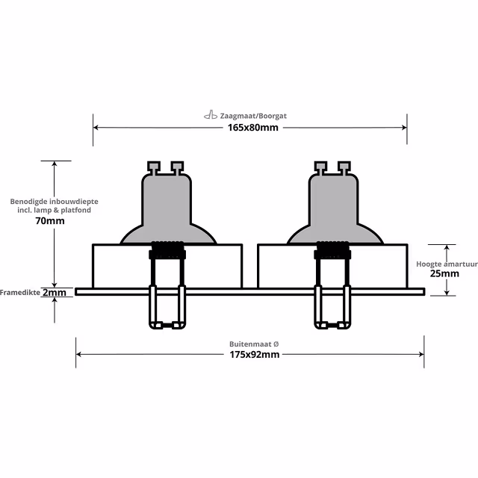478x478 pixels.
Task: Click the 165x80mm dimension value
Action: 252,128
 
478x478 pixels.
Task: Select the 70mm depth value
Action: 50,221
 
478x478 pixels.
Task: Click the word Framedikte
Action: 20,292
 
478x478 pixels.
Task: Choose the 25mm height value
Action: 445,274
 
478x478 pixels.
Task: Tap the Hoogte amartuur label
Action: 447,264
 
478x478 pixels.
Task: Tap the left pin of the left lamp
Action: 155,166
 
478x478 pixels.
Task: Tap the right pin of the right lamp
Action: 344,166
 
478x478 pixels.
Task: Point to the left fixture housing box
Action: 119,266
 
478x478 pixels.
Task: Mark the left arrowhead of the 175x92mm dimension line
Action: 79,355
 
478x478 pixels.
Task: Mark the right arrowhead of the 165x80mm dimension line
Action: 404,128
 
